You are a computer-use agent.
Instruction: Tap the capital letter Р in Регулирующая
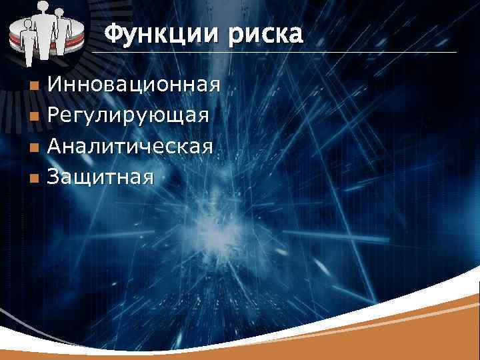coord(55,116)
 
